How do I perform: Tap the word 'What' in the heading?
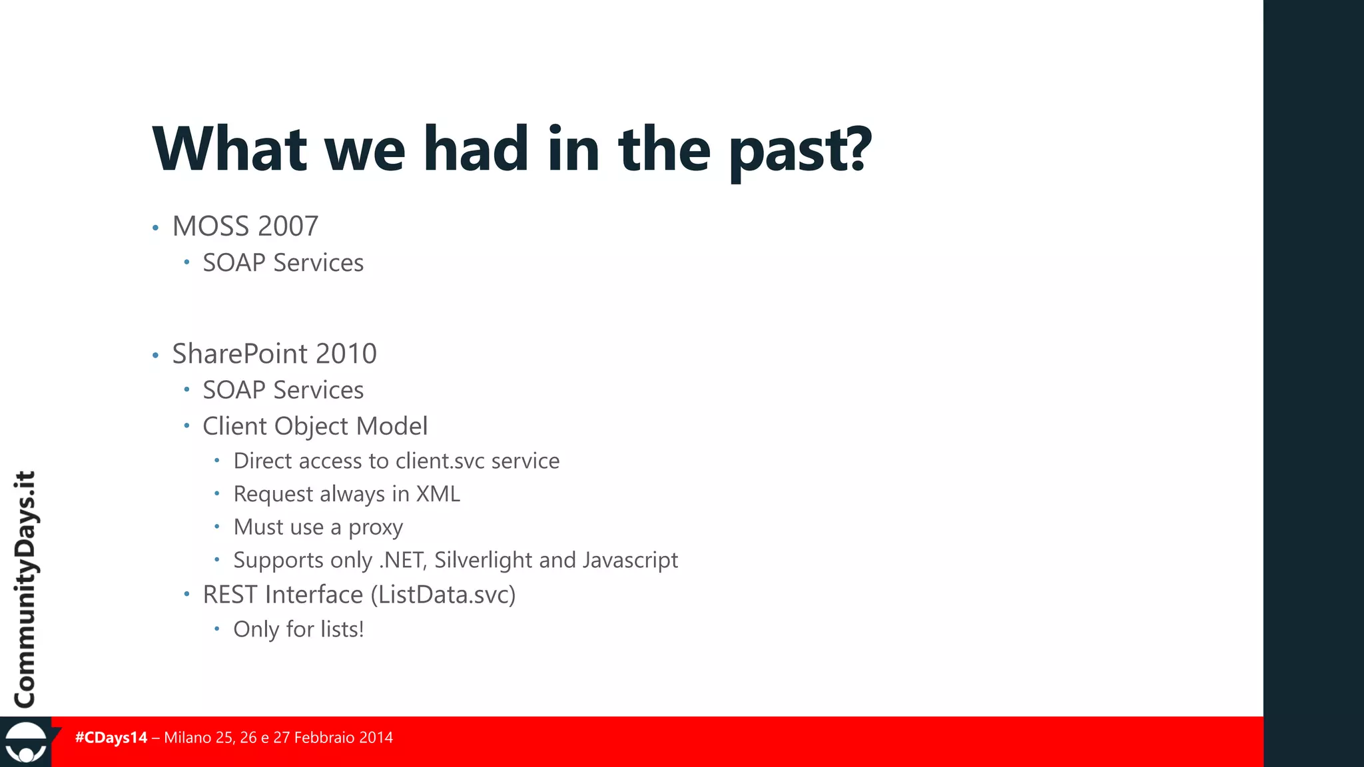tap(230, 149)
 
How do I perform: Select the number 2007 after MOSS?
tap(288, 226)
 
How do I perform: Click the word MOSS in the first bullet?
tap(211, 226)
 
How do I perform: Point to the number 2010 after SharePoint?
tap(346, 354)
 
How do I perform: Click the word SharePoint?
tap(240, 354)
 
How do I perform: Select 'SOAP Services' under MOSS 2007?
tap(283, 263)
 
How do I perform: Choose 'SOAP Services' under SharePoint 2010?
tap(283, 390)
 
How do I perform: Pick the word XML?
tap(438, 494)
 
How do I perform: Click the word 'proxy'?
tap(376, 527)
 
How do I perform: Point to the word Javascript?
tap(630, 560)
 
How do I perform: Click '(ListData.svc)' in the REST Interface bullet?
tap(443, 595)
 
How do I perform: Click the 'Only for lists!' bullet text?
tap(298, 629)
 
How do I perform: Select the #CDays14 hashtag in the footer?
tap(111, 738)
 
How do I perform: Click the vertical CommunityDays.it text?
tap(25, 589)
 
